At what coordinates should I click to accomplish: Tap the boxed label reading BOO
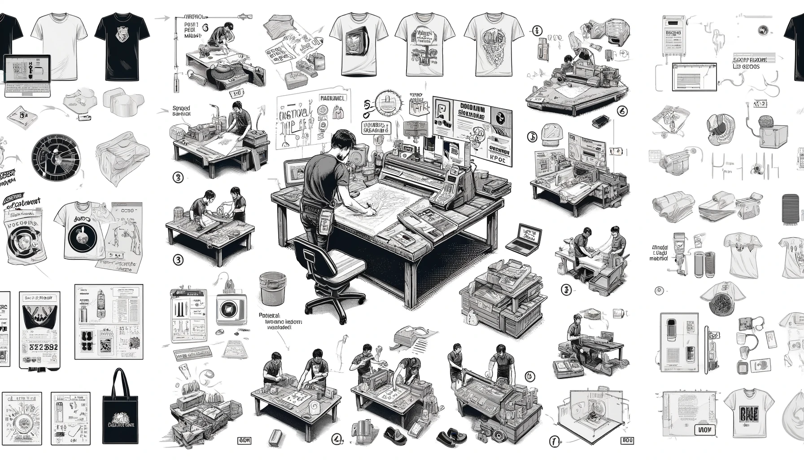click(628, 440)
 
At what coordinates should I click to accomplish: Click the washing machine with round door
click(230, 310)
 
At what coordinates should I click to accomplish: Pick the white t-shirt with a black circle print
click(80, 232)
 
